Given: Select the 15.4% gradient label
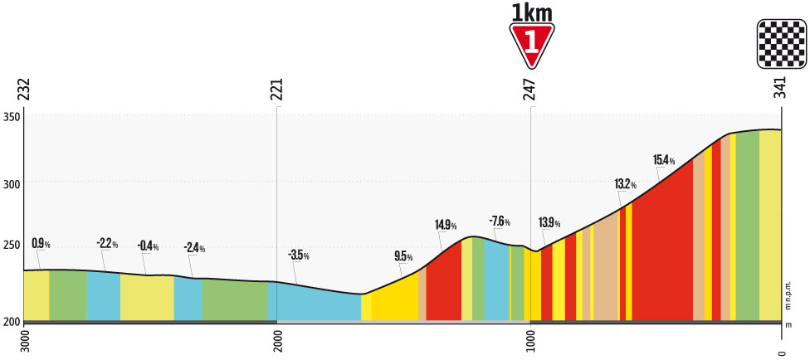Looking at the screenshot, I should (x=664, y=160).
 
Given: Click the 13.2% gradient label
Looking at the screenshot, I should (x=625, y=185).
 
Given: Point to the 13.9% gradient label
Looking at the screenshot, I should (x=549, y=223).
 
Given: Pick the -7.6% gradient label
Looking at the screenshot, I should (x=500, y=221).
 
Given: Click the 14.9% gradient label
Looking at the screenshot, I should (x=446, y=224).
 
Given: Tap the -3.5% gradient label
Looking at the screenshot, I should (x=298, y=255).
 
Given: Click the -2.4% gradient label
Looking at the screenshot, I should (x=194, y=249).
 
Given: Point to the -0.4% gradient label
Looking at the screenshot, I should (x=149, y=246).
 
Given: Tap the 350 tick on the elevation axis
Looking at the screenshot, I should (x=12, y=116).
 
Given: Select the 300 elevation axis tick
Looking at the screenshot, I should (x=12, y=182).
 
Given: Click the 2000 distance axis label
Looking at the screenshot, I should (x=276, y=342).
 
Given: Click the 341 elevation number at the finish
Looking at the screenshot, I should (x=780, y=90).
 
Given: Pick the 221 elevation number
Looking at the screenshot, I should (x=276, y=90).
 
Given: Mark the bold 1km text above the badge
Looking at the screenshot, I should (x=532, y=12).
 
